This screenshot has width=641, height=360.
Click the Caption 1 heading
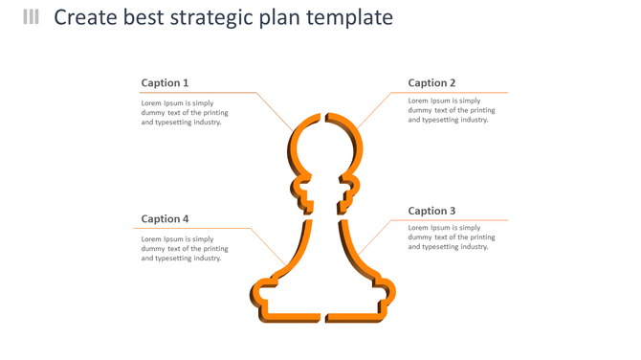coord(165,83)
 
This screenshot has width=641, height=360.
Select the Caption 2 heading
coord(431,83)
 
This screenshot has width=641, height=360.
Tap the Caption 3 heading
coord(431,211)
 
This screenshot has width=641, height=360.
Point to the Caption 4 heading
coord(165,219)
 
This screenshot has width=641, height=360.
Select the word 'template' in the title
coord(349,17)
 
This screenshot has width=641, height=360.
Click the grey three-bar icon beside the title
coord(32,17)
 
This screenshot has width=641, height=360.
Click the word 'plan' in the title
coord(278,17)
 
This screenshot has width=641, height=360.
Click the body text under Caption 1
coord(185,113)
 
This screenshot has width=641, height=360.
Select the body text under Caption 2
coord(452,110)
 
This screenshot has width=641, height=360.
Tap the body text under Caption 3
coord(452,237)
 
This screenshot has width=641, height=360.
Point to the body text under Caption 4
coord(185,249)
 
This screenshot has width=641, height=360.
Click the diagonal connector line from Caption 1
coord(276,111)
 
